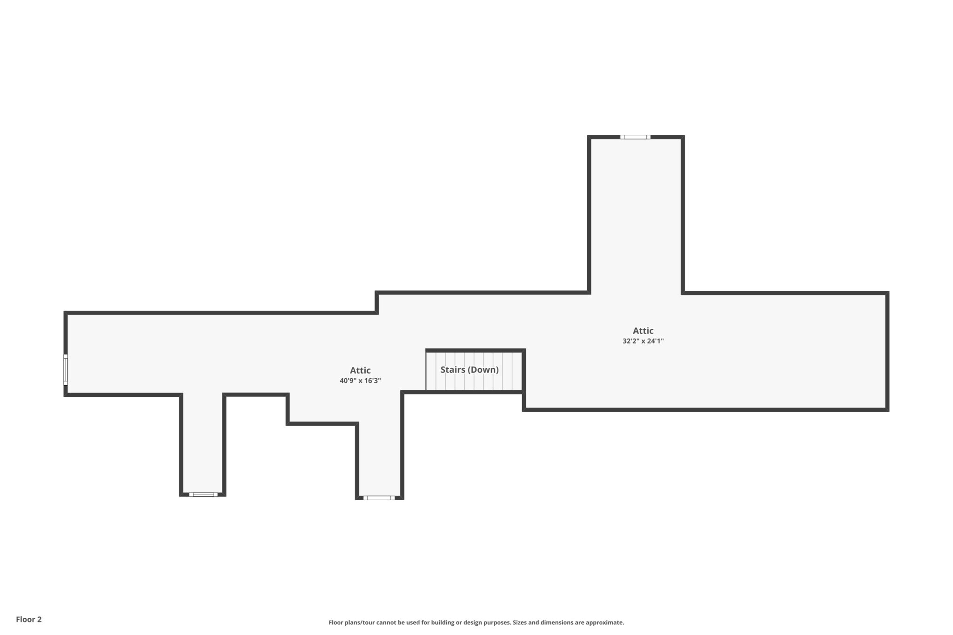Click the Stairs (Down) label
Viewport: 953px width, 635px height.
click(x=470, y=370)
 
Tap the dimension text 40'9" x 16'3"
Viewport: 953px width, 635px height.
click(x=360, y=381)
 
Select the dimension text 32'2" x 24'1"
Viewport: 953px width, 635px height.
click(x=643, y=341)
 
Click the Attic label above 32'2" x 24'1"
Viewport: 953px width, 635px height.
click(x=643, y=331)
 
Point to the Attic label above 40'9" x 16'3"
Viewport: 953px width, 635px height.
click(x=360, y=370)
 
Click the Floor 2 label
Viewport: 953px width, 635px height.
click(x=29, y=619)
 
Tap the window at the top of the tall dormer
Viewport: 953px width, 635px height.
click(x=635, y=137)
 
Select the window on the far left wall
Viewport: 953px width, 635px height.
click(x=66, y=370)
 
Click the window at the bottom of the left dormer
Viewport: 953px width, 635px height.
click(x=203, y=495)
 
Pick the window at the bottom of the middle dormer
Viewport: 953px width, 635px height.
click(x=379, y=498)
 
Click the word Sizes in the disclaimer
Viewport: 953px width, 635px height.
click(x=519, y=622)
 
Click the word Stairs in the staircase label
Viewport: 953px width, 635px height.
click(x=452, y=370)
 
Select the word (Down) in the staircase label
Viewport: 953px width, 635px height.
click(x=483, y=370)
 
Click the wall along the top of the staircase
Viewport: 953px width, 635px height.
click(x=476, y=350)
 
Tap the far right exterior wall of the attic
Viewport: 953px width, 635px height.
click(x=887, y=351)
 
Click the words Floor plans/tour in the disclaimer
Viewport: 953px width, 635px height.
click(x=352, y=622)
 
